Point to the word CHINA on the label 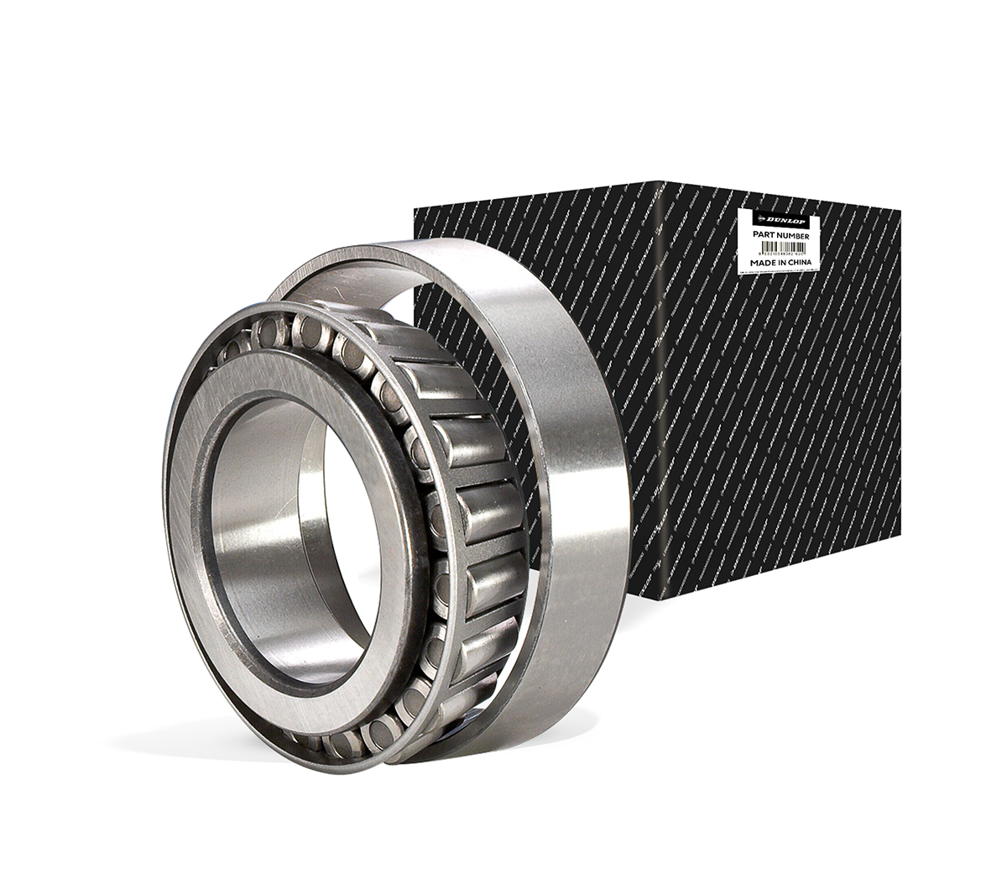click(x=798, y=263)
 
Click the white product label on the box click(x=776, y=243)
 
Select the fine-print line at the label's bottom click(x=776, y=271)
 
